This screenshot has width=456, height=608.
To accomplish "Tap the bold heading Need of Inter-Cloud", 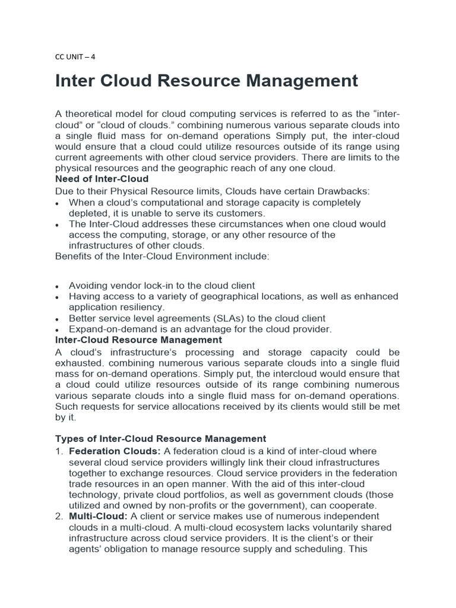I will [x=102, y=179].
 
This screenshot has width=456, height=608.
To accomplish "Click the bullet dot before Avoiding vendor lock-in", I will [x=57, y=286].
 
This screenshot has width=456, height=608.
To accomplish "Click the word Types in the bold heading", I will [x=69, y=439].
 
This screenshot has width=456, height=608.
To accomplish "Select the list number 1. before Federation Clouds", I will [x=59, y=451].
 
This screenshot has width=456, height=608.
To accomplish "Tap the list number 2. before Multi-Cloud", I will [x=59, y=517].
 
